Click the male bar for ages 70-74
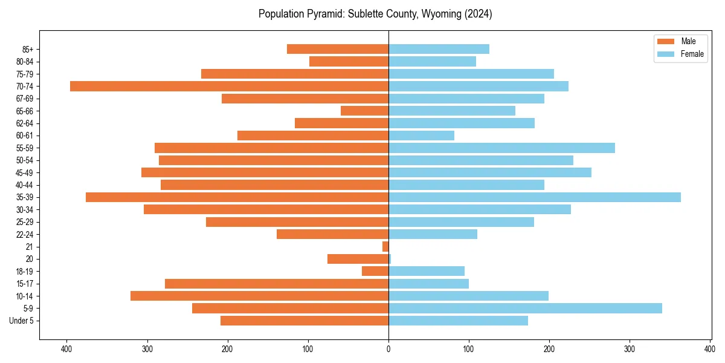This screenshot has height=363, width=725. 229,87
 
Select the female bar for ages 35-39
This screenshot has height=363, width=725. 535,197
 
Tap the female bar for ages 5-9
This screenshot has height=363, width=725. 525,309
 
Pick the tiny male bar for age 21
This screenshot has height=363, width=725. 385,247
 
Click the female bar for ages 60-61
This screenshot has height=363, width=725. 422,136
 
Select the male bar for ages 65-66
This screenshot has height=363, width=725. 364,111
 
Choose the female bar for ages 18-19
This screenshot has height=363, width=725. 427,271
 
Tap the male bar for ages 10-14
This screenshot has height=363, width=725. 259,296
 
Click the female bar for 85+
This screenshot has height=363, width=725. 439,49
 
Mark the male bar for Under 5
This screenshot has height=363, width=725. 304,321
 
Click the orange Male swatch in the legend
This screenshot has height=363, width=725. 665,41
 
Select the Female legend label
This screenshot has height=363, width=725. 692,54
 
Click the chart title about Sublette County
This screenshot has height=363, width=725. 375,14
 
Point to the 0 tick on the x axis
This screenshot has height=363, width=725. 388,349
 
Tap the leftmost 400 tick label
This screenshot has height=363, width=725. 66,349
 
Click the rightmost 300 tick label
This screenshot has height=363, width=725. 630,349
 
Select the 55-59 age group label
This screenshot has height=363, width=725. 25,148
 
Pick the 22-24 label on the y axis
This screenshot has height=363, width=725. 25,235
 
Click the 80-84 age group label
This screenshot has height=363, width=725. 25,62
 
